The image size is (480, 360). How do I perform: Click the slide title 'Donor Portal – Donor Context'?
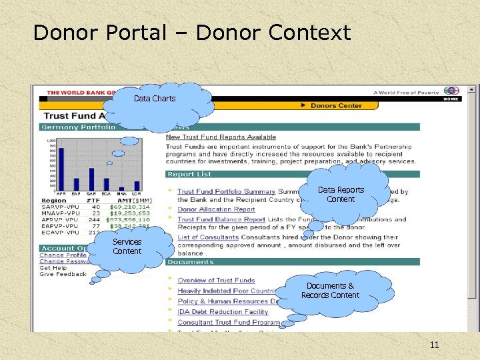191,32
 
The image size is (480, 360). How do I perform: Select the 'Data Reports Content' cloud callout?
341,194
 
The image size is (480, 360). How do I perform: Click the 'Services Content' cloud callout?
127,247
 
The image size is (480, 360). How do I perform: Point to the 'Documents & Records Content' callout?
330,291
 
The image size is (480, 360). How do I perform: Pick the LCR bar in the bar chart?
137,186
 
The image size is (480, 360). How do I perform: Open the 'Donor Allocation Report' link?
216,209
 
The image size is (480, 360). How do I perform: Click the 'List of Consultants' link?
208,237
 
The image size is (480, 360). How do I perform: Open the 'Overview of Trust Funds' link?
216,281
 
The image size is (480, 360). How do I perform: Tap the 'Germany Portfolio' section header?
78,127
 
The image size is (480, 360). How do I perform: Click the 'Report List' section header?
189,175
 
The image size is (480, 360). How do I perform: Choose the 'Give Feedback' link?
63,274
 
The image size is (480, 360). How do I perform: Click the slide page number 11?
434,345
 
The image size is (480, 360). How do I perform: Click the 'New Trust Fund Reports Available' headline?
221,137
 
